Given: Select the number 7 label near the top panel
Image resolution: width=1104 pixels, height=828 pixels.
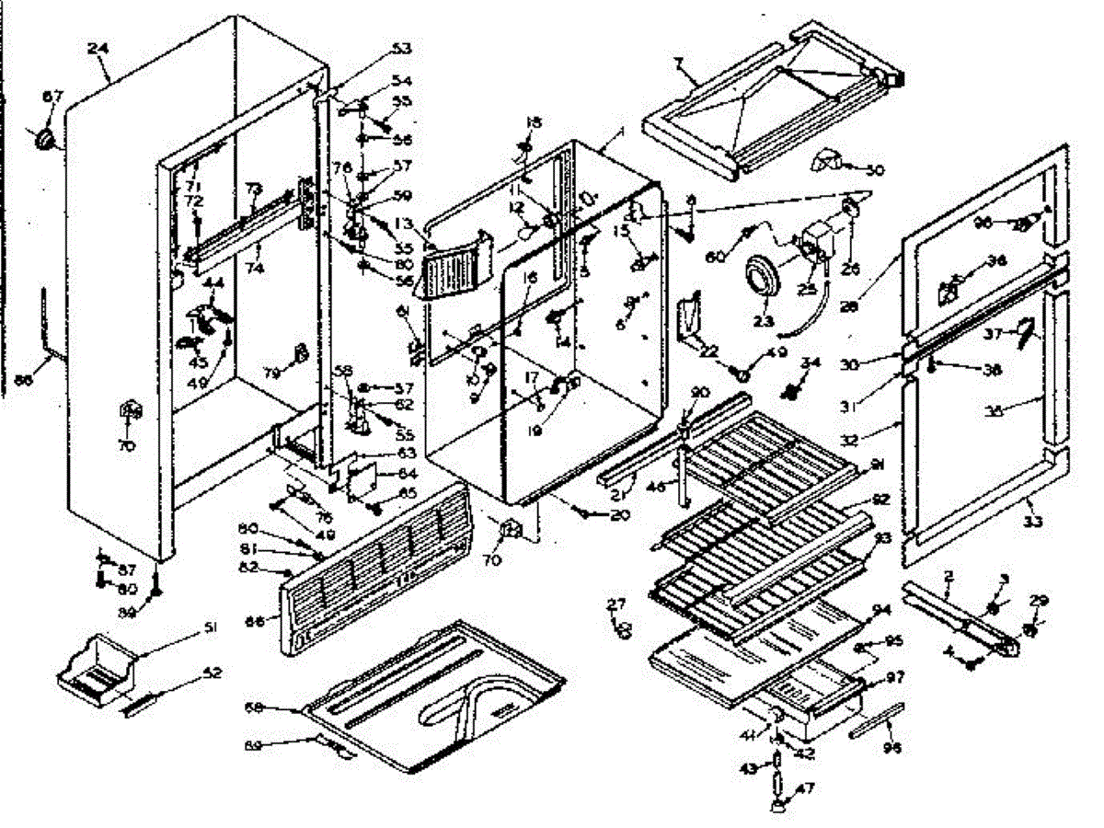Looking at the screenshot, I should click(678, 64).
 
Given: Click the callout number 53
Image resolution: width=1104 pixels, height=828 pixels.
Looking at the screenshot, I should click(401, 48).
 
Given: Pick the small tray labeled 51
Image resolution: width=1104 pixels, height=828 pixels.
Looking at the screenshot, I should click(92, 667).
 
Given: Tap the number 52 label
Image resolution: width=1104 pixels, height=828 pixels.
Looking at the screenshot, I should click(213, 673).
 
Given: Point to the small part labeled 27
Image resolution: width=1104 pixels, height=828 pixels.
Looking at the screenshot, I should click(623, 629).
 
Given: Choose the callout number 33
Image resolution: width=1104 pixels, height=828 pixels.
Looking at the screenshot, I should click(1033, 522).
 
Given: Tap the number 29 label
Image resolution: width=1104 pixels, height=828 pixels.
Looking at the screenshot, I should click(1039, 601).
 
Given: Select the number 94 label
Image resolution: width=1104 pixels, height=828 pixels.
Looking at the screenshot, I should click(882, 610).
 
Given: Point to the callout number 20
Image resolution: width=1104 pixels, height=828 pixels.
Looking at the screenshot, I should click(619, 515).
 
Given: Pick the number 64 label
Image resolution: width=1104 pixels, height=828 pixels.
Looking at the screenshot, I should click(405, 474).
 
